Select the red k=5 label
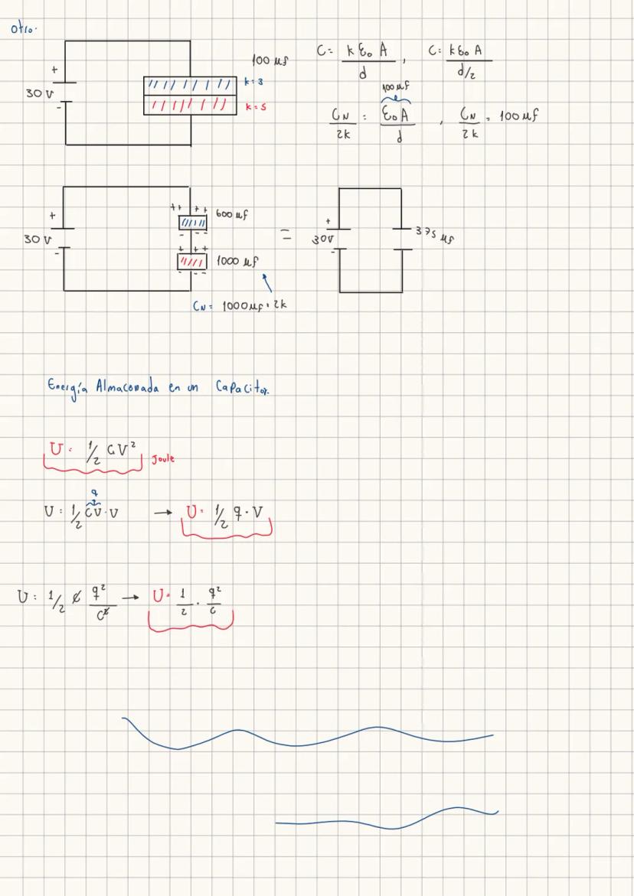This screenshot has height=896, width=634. pos(256,108)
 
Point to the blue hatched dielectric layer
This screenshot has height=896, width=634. pos(191,83)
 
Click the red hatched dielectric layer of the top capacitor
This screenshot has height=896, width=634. pos(191,104)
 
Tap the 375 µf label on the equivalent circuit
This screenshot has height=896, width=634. pos(434,233)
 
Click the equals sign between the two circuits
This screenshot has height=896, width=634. pos(285,237)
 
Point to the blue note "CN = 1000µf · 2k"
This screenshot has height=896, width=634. pos(239,305)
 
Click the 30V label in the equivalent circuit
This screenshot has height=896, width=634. pos(321,239)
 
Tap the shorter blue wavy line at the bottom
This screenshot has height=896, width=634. pos(387,819)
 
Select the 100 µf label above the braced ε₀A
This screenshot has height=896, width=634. pos(394,91)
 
